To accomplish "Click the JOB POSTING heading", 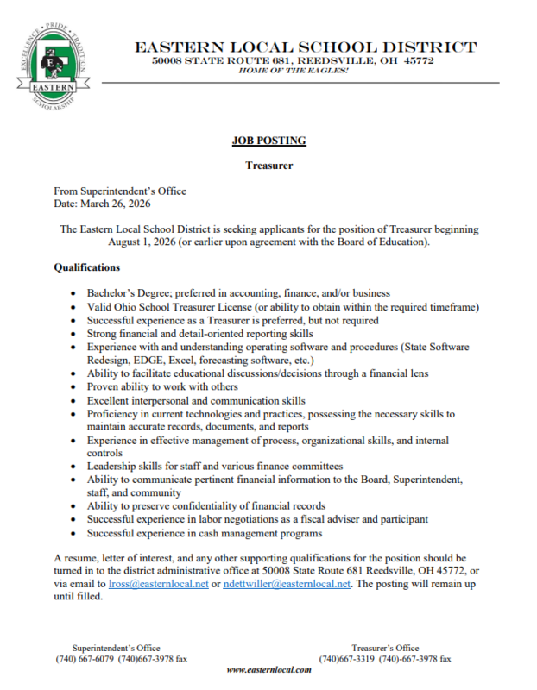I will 268,141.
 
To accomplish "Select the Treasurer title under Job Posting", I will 268,164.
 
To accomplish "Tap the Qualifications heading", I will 86,268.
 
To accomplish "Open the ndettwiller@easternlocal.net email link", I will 287,584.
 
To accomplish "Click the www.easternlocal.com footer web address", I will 268,669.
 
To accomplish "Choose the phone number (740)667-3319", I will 347,658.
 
